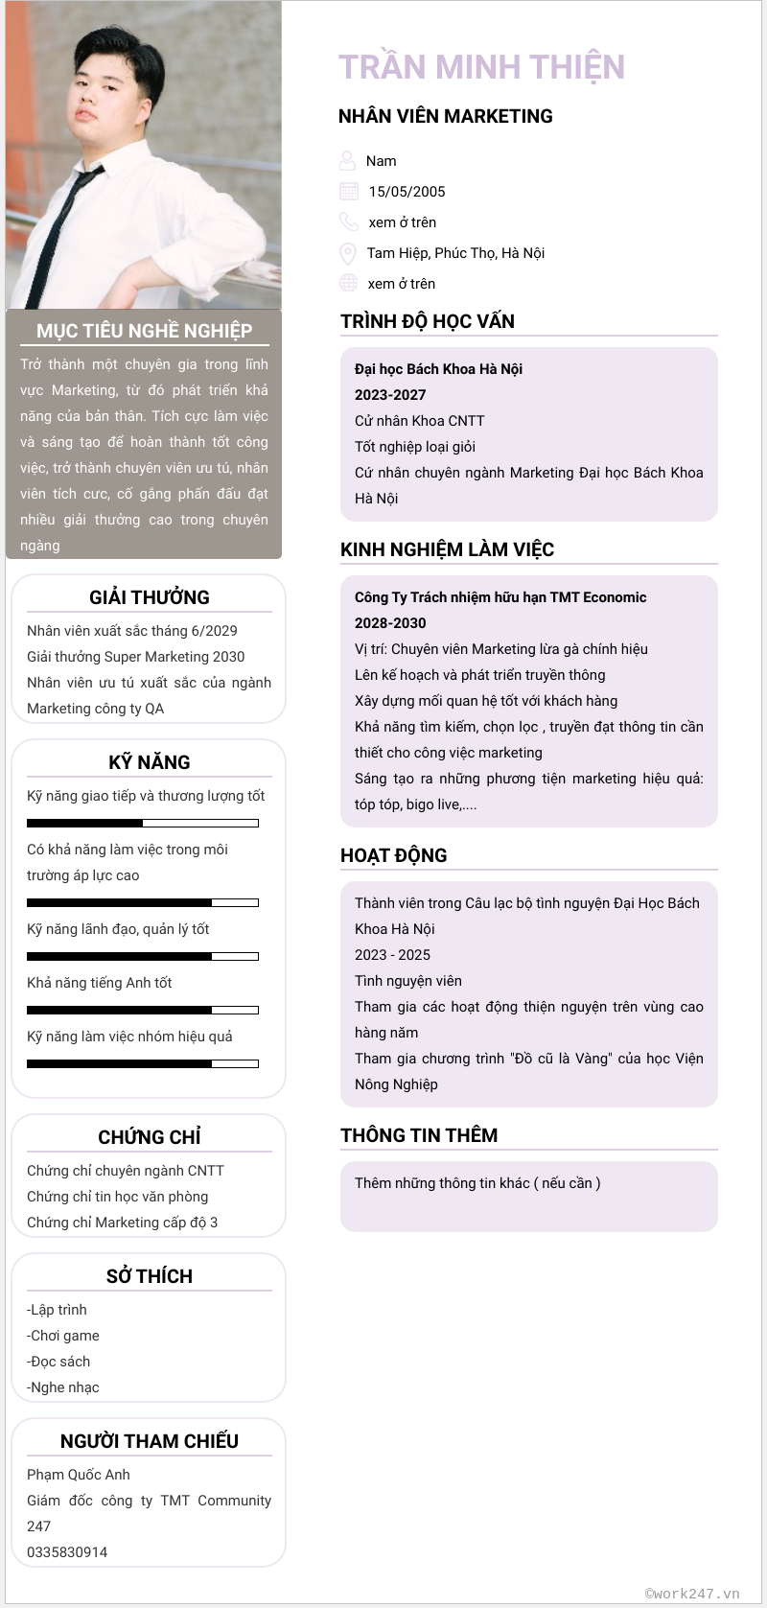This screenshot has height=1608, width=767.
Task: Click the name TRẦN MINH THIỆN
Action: point(481,67)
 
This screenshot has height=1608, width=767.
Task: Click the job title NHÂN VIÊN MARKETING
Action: point(445,116)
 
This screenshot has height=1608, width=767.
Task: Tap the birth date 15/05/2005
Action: point(407,192)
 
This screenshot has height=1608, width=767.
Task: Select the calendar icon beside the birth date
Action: point(349,191)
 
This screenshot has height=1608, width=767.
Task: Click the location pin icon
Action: point(348,253)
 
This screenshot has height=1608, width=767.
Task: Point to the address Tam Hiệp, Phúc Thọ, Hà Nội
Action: point(455,253)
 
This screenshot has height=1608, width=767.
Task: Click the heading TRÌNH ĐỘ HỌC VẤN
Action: point(427,321)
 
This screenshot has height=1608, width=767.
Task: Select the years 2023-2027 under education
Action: point(390,395)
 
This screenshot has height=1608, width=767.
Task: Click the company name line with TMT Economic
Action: point(500,597)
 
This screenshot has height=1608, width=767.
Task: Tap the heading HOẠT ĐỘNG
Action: point(393,855)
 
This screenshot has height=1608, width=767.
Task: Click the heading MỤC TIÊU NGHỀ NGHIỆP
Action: point(144,331)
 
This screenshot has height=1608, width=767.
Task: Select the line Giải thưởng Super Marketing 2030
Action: point(135,657)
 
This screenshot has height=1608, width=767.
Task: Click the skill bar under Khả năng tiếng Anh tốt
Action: point(143,1010)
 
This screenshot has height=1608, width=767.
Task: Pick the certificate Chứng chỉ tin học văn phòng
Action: point(117,1197)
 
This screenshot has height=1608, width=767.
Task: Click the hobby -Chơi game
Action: point(63,1336)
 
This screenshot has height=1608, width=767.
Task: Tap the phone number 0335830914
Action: point(67,1552)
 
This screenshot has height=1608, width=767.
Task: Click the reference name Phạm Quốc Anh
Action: point(79,1475)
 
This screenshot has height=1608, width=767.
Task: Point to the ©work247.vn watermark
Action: point(692,1594)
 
